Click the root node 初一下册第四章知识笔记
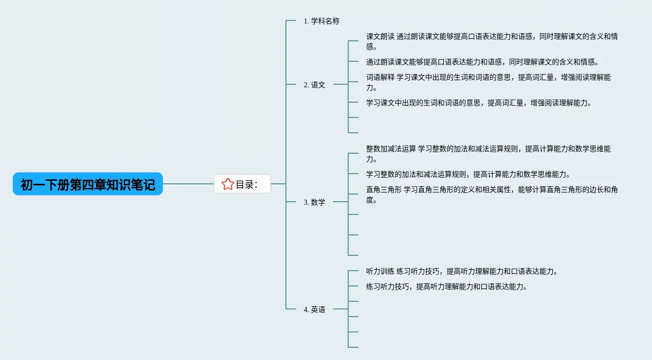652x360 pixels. click(x=88, y=184)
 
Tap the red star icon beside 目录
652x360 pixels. click(x=228, y=184)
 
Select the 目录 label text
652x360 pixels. click(x=246, y=184)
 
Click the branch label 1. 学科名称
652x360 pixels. click(x=321, y=21)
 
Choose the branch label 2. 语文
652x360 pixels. click(x=315, y=85)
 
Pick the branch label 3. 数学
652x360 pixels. click(x=315, y=202)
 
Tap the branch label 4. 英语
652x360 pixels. click(x=315, y=309)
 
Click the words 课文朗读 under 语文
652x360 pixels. click(x=380, y=36)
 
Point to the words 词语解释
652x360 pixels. click(x=380, y=78)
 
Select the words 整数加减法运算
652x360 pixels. click(x=391, y=149)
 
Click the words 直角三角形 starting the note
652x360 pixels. click(x=384, y=190)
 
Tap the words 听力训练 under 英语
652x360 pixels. click(x=380, y=271)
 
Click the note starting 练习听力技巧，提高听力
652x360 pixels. click(x=446, y=286)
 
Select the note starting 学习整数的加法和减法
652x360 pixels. click(x=468, y=174)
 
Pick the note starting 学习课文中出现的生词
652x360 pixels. click(x=479, y=103)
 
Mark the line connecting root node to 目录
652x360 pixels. click(x=188, y=184)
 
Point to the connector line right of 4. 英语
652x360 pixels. click(x=340, y=309)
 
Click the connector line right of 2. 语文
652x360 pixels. click(x=340, y=84)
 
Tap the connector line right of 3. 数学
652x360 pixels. click(x=340, y=202)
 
